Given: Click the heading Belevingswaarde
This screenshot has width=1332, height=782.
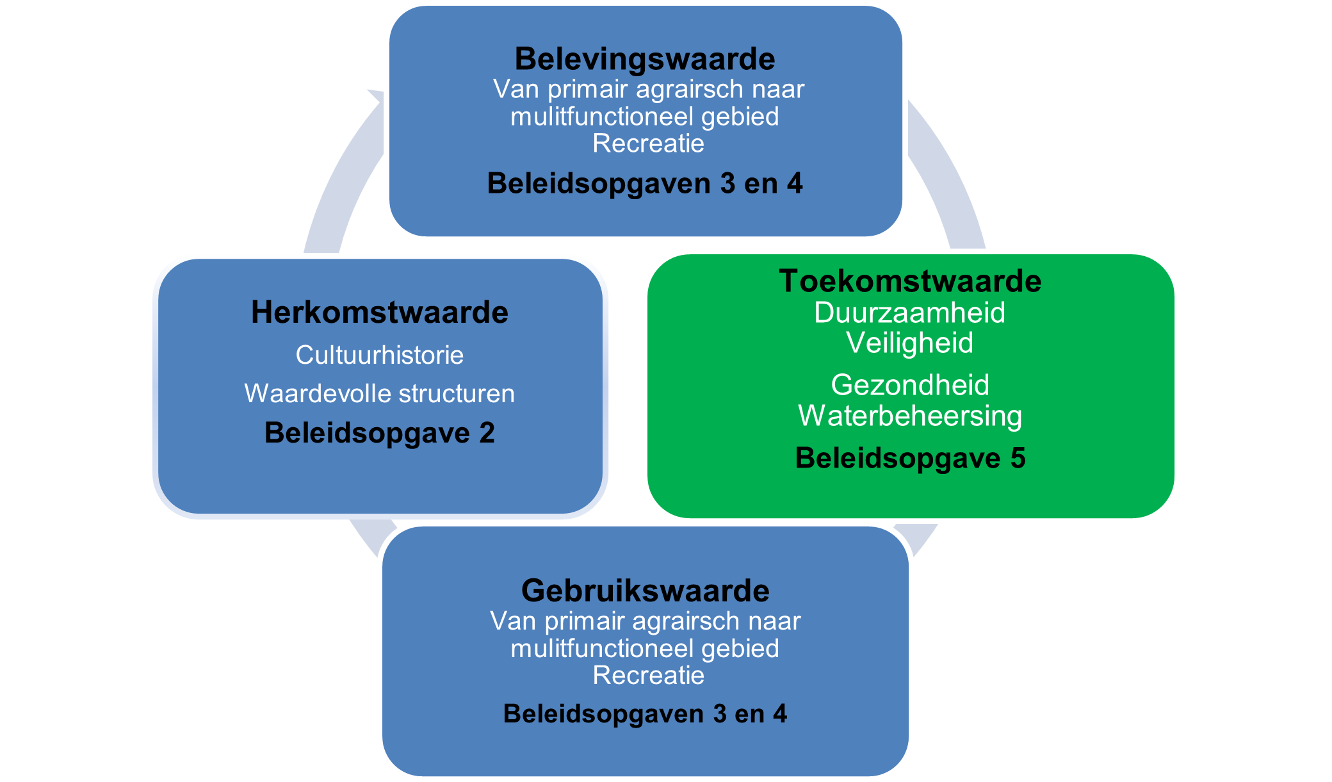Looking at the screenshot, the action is [645, 59].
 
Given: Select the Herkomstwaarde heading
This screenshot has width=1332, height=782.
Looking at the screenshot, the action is [380, 313].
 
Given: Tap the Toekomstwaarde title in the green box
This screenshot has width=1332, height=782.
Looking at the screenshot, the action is [910, 281].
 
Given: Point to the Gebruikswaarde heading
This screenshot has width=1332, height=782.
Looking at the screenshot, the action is [646, 591].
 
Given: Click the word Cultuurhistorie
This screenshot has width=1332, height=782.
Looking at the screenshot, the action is [380, 355].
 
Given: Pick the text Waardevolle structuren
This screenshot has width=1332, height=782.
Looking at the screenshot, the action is [380, 393].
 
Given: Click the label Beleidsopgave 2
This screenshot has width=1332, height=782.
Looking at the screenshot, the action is [380, 433].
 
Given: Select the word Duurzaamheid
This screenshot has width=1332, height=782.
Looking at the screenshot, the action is [910, 313].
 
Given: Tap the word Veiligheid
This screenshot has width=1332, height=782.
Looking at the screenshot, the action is [910, 343].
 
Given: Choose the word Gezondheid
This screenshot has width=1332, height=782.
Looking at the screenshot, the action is [910, 385].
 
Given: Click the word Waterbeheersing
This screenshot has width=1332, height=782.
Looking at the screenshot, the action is [910, 416].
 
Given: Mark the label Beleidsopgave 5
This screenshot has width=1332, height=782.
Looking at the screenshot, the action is [910, 458].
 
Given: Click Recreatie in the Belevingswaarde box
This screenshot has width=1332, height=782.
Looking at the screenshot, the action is [649, 143].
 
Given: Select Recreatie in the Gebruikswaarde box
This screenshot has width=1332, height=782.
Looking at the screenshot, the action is [649, 676].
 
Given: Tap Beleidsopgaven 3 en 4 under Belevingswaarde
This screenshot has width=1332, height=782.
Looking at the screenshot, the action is [645, 183].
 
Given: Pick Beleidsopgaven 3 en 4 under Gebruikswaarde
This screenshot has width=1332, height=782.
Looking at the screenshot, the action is [645, 714].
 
